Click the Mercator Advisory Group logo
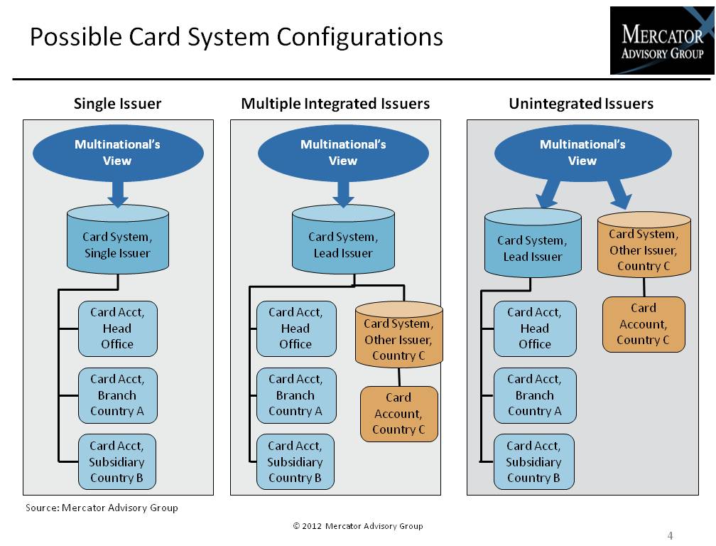pos(661,41)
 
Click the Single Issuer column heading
pos(117,104)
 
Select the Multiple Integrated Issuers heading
pos(335,104)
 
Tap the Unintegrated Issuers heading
pos(581,104)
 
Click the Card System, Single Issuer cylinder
pos(118,242)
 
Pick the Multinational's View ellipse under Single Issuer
pos(118,153)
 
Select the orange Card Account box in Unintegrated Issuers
pos(644,324)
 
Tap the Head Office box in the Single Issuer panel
pos(117,328)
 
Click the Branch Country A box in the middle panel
pos(295,395)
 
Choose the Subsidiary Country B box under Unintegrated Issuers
pos(533,462)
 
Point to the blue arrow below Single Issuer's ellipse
pos(118,192)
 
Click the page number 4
pos(670,535)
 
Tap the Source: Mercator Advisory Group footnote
pos(102,508)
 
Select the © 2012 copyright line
pos(357,526)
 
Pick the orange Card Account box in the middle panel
pos(398,414)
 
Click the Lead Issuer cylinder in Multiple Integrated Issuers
pos(343,242)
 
